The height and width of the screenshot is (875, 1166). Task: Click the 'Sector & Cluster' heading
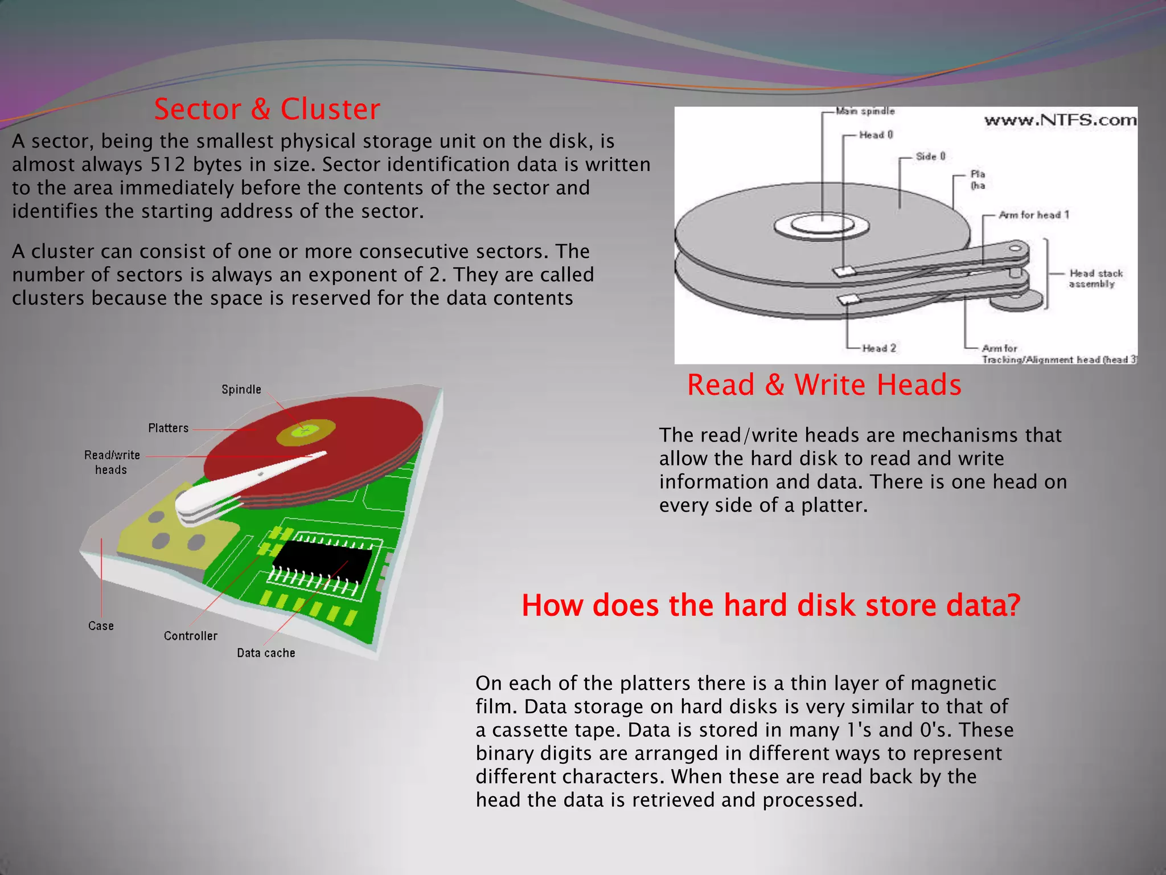pyautogui.click(x=267, y=109)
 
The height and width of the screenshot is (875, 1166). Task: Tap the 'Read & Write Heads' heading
pyautogui.click(x=824, y=385)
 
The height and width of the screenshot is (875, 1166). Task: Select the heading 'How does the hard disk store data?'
pyautogui.click(x=771, y=605)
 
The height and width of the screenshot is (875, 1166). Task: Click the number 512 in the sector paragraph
pyautogui.click(x=168, y=165)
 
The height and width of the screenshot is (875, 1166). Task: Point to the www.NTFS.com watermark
pyautogui.click(x=1060, y=120)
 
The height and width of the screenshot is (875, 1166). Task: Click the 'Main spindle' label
pyautogui.click(x=865, y=111)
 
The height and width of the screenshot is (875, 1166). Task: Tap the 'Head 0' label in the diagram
pyautogui.click(x=876, y=135)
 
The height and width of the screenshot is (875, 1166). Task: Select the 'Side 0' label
pyautogui.click(x=930, y=157)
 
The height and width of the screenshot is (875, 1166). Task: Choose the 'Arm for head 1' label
pyautogui.click(x=1034, y=215)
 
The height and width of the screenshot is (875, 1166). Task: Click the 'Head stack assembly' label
pyautogui.click(x=1095, y=279)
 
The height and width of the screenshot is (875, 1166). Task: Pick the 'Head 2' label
pyautogui.click(x=879, y=348)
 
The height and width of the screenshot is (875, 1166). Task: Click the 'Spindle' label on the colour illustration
pyautogui.click(x=241, y=390)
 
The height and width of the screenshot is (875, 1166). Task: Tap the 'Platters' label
pyautogui.click(x=168, y=428)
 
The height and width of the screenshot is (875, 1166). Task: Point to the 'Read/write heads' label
pyautogui.click(x=112, y=462)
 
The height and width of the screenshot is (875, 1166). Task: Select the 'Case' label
pyautogui.click(x=101, y=626)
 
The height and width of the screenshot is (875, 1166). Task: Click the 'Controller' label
pyautogui.click(x=190, y=636)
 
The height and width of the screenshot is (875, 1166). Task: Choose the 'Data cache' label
pyautogui.click(x=266, y=653)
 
